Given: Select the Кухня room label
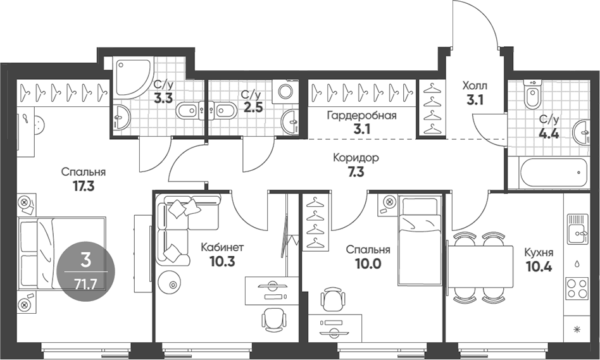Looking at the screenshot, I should tap(539, 252).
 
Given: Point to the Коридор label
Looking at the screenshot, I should tap(356, 158).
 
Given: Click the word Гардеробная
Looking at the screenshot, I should tap(361, 115).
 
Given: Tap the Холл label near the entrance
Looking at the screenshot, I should tap(475, 85).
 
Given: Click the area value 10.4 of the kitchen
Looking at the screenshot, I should tap(539, 266).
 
